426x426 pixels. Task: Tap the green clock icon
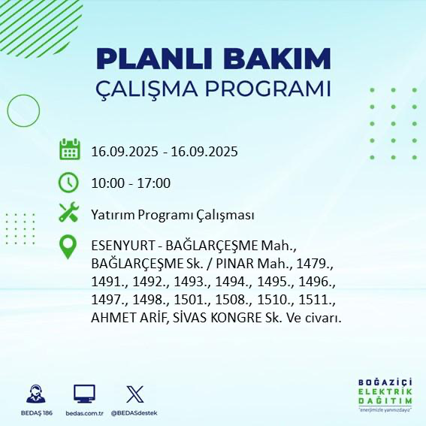(69, 182)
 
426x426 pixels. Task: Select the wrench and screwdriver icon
(69, 213)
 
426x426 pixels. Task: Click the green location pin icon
(69, 247)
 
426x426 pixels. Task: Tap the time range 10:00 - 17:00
(131, 183)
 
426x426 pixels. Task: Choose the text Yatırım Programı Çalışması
(172, 215)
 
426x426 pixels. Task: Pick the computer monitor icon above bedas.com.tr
(84, 394)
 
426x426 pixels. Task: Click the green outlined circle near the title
(24, 110)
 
